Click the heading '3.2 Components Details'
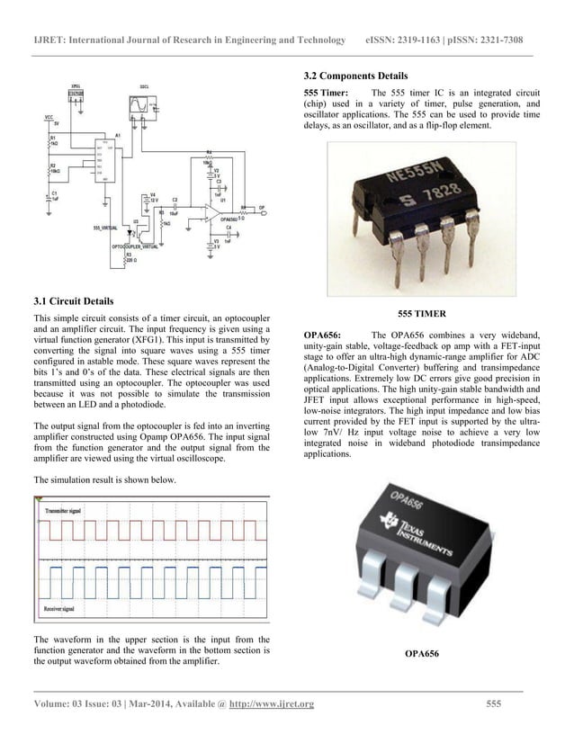pos(355,76)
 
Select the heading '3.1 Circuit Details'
pos(73,301)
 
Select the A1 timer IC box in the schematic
pos(108,161)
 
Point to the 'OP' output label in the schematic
pos(262,207)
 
